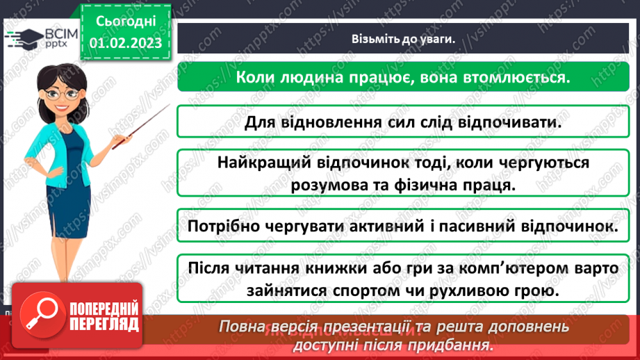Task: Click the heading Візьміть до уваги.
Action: click(402, 39)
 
